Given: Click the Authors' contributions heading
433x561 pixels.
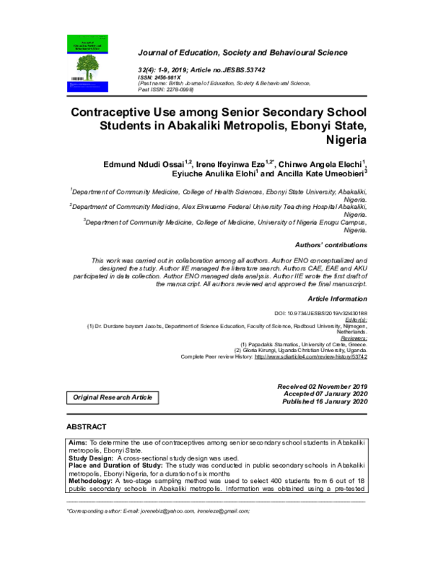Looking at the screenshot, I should tap(332, 245).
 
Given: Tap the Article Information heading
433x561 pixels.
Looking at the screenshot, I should tap(337, 298).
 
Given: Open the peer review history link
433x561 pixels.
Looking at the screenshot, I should tap(310, 357).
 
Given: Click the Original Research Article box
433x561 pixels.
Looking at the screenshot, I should tap(112, 398).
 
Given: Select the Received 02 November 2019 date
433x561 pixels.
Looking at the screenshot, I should tap(323, 387).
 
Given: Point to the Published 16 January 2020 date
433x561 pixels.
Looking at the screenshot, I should tap(325, 401).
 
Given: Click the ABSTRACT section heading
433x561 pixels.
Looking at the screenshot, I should tap(87, 427).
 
